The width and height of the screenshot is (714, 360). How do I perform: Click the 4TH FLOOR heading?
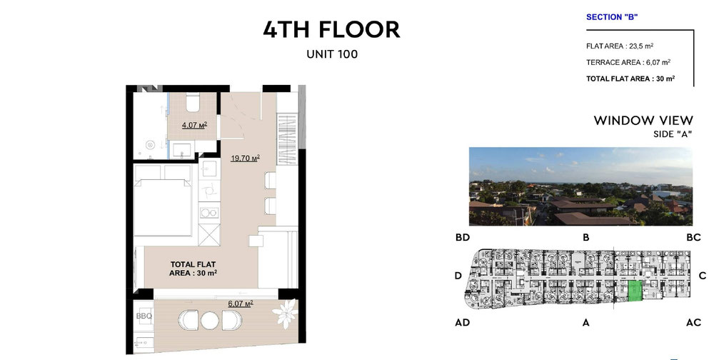[x=331, y=29]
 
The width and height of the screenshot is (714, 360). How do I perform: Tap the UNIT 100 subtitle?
[x=332, y=54]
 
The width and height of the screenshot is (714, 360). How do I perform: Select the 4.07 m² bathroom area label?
[x=194, y=125]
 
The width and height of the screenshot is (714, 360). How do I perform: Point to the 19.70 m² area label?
[x=245, y=158]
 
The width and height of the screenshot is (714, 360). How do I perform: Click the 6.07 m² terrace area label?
[x=241, y=304]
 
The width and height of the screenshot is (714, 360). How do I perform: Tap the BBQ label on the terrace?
[x=144, y=316]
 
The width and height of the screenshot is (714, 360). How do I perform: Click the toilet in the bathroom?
[x=193, y=102]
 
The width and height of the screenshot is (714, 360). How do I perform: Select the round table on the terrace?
[x=210, y=320]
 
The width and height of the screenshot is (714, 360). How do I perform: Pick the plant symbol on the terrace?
[x=285, y=314]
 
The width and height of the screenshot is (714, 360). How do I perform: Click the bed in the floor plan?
[x=163, y=201]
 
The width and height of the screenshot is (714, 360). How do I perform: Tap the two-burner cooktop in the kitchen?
[x=209, y=212]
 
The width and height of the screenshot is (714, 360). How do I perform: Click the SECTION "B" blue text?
[x=612, y=17]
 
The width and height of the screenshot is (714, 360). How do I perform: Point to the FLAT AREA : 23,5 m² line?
[x=620, y=46]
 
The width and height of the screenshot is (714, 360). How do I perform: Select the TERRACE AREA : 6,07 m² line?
[x=628, y=62]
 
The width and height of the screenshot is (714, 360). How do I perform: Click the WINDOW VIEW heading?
[x=643, y=121]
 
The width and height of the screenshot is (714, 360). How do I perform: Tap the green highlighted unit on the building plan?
[x=635, y=291]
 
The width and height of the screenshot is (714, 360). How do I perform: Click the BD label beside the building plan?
[x=462, y=237]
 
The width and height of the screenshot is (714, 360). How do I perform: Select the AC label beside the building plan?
[x=693, y=323]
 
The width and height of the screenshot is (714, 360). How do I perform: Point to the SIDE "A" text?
[x=673, y=134]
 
